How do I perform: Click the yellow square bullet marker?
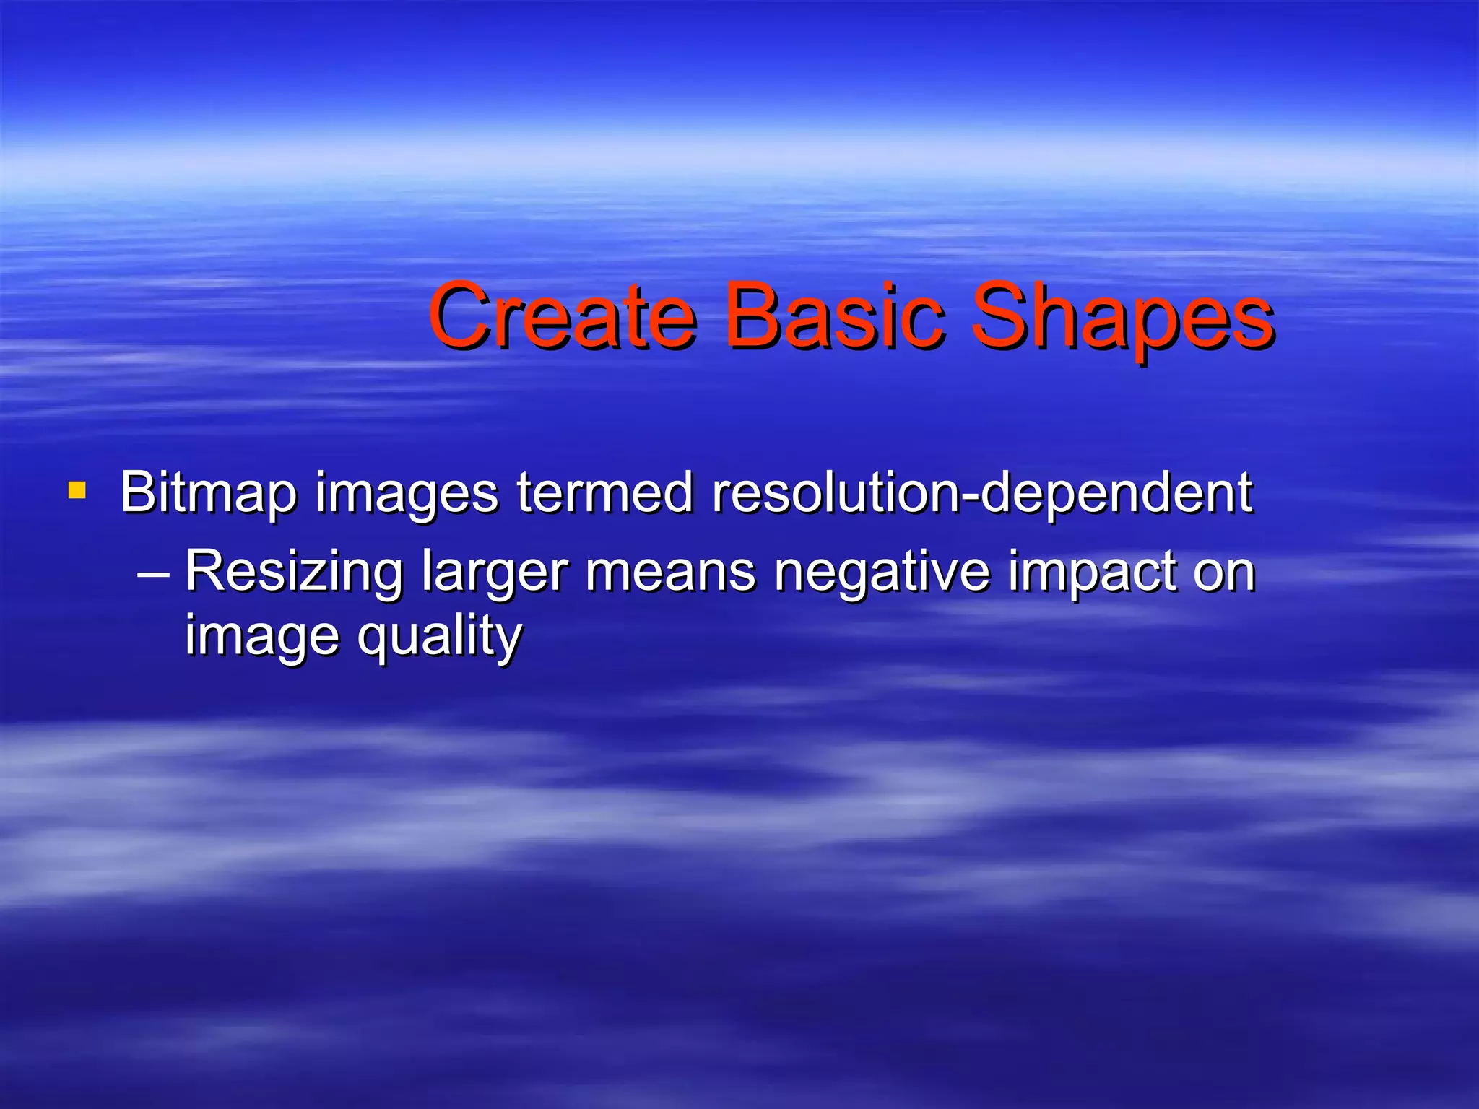[77, 492]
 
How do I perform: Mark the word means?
[670, 573]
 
